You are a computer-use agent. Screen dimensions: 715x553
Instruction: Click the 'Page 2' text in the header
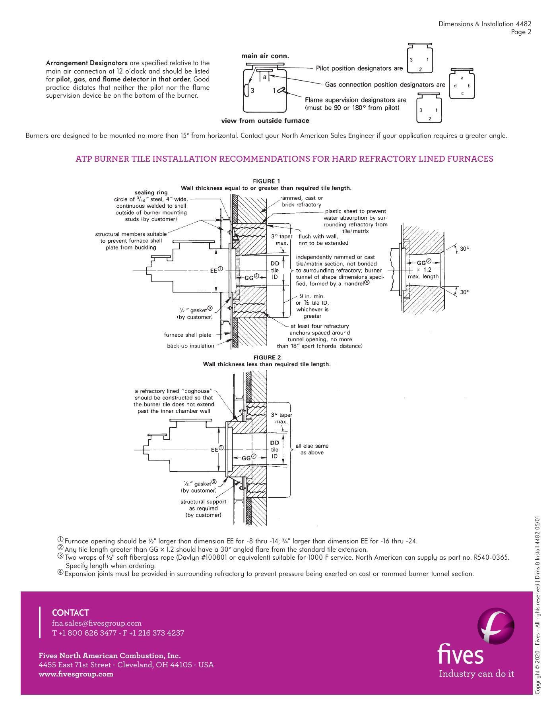click(x=521, y=32)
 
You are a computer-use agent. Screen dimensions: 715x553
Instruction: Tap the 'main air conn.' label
click(x=265, y=56)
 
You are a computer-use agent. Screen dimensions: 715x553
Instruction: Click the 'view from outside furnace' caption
click(x=265, y=121)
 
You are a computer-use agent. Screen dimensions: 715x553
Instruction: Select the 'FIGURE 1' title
click(x=266, y=181)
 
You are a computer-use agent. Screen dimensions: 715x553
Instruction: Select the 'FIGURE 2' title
click(x=267, y=357)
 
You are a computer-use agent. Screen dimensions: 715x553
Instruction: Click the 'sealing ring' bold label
click(x=151, y=193)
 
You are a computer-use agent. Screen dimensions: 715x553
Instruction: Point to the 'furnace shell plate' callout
click(x=187, y=335)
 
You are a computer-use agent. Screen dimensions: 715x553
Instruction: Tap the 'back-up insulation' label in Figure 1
click(x=190, y=346)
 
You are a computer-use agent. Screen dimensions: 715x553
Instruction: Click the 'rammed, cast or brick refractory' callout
click(x=301, y=201)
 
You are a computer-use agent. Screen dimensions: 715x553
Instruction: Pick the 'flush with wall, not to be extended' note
click(x=323, y=240)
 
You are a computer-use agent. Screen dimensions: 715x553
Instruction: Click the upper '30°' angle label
click(x=464, y=249)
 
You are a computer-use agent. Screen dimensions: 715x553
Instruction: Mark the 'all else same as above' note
click(x=312, y=449)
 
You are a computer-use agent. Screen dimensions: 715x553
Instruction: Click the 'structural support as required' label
click(x=203, y=508)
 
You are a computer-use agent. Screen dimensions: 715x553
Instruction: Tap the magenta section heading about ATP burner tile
click(x=284, y=159)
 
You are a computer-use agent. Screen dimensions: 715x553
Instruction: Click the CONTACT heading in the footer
click(x=70, y=613)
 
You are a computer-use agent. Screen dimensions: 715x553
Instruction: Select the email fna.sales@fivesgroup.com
click(x=97, y=623)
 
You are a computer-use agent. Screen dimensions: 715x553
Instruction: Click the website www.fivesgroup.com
click(x=76, y=674)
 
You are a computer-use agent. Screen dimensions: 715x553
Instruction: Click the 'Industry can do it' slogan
click(x=476, y=674)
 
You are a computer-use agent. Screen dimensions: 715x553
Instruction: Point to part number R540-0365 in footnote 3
click(x=491, y=558)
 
